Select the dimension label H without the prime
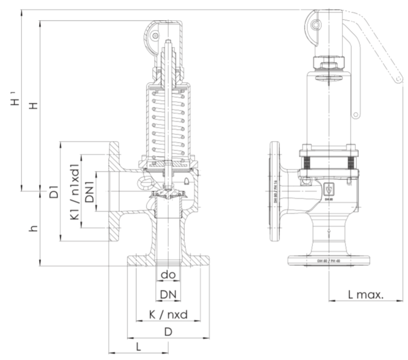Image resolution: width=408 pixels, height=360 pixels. coord(33,105)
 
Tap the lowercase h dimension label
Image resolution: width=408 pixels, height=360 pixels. coord(33,228)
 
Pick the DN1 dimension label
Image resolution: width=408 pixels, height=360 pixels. coord(90,191)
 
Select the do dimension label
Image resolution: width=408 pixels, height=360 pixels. coord(168,275)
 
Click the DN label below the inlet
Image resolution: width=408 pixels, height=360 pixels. coord(168,294)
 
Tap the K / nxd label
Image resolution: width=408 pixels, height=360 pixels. coord(168,314)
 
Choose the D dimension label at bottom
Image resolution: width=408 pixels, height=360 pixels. coord(168,332)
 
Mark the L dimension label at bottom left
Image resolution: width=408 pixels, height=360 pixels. coord(138,347)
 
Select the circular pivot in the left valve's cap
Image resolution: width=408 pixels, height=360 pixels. coord(154,36)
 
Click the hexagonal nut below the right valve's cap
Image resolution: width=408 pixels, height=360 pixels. coord(328,63)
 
